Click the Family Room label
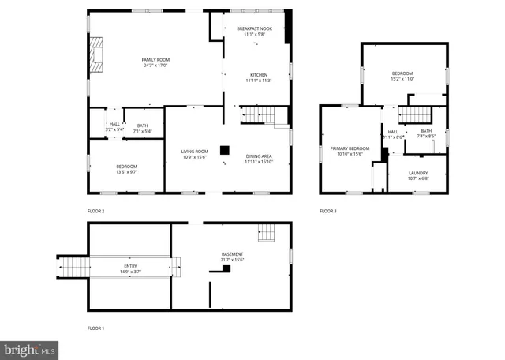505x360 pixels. coord(155,61)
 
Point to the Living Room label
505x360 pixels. coord(194,152)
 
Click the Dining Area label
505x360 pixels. coord(258,156)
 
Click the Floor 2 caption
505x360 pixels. coord(95,211)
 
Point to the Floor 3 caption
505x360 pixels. coord(327,211)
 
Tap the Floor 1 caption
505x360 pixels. coord(95,328)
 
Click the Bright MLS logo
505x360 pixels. coord(29,347)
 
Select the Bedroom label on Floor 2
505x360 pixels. coord(126,167)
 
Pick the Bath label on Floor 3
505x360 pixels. coord(426,131)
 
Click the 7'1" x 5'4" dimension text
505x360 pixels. coord(142,129)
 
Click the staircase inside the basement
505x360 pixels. coord(267,233)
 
